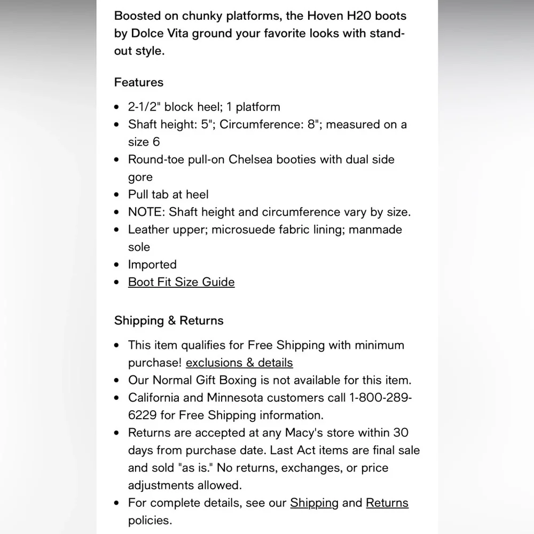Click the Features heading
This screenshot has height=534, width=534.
[x=139, y=82]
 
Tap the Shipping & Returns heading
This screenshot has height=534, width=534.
[x=169, y=320]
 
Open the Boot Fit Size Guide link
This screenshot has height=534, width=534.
[x=181, y=282]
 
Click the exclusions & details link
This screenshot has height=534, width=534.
[x=239, y=363]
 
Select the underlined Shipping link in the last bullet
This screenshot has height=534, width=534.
[x=314, y=502]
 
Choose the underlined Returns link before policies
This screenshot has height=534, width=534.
[x=387, y=502]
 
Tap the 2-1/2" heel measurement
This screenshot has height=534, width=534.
[x=144, y=107]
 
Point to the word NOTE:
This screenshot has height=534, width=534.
[x=146, y=212]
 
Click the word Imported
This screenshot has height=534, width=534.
[x=152, y=264]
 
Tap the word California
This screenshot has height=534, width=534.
[x=155, y=398]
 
